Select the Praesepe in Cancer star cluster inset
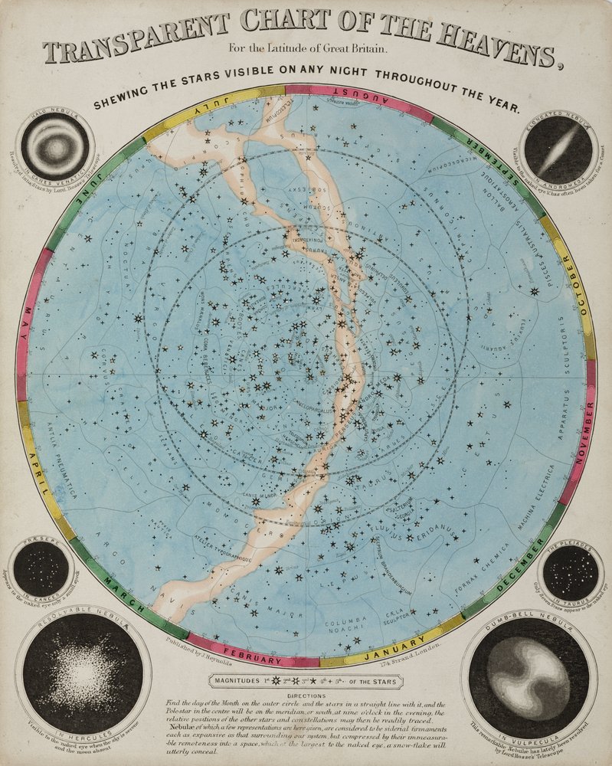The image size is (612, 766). (x=41, y=569)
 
